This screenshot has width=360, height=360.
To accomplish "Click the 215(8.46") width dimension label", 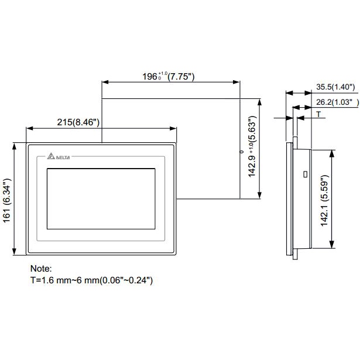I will point(78,122).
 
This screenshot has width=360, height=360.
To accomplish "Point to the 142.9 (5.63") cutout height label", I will point(252,150).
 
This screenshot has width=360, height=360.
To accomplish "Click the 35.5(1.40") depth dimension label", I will point(336,87).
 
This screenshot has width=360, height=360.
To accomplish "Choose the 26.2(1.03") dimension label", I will point(336,102).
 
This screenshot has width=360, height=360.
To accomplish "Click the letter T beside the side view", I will point(319,114).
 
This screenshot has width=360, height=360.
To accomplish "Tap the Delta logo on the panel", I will point(56,156).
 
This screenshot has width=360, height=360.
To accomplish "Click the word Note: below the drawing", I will point(41,269).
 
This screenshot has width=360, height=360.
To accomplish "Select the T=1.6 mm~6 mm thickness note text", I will point(92,280).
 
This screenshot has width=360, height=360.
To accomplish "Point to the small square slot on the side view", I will point(304,174).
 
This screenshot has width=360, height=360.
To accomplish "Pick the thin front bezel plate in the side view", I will point(288,198).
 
